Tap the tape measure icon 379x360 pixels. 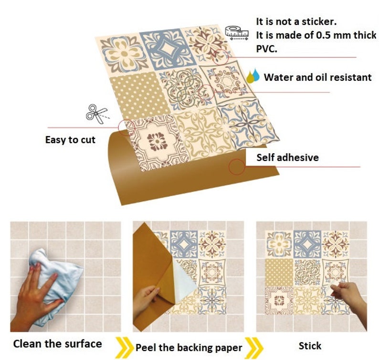tap(238, 32)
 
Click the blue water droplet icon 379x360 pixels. tap(256, 75)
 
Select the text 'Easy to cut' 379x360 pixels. tap(70, 140)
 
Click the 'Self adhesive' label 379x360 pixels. tap(287, 157)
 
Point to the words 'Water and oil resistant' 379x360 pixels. tap(317, 77)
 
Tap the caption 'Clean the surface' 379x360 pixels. tap(57, 343)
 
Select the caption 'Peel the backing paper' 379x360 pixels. tap(189, 347)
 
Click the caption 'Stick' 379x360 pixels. tap(310, 346)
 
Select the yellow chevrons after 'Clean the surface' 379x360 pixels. tap(123, 344)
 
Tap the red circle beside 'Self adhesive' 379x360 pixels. tap(236, 167)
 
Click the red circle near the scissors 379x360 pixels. tap(125, 126)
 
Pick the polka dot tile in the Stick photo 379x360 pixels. tap(279, 272)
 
